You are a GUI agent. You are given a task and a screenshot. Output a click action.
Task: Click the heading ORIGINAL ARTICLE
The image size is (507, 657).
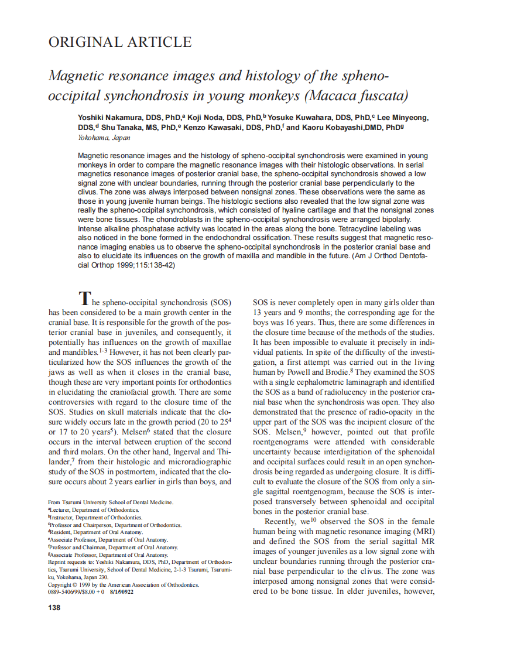click(x=119, y=42)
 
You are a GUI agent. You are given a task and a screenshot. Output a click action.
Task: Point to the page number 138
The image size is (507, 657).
click(x=54, y=607)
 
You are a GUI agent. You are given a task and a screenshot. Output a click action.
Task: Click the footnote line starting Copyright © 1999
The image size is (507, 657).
click(x=124, y=584)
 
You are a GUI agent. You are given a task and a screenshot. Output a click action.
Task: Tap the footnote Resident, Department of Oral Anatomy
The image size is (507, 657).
click(x=97, y=532)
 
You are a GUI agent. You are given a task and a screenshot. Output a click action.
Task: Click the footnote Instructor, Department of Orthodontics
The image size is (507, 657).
click(x=96, y=518)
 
